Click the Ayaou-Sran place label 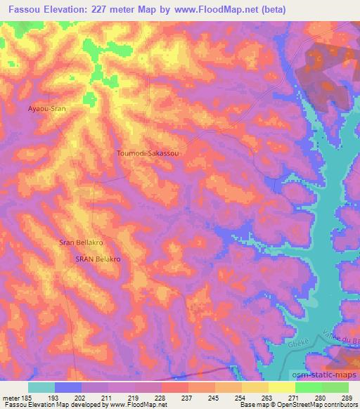tap(46, 110)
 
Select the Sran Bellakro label tap(82, 243)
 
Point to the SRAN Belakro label tap(98, 259)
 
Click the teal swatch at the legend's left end tap(41, 387)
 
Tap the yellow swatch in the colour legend tap(281, 387)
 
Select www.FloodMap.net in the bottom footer tap(133, 405)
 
